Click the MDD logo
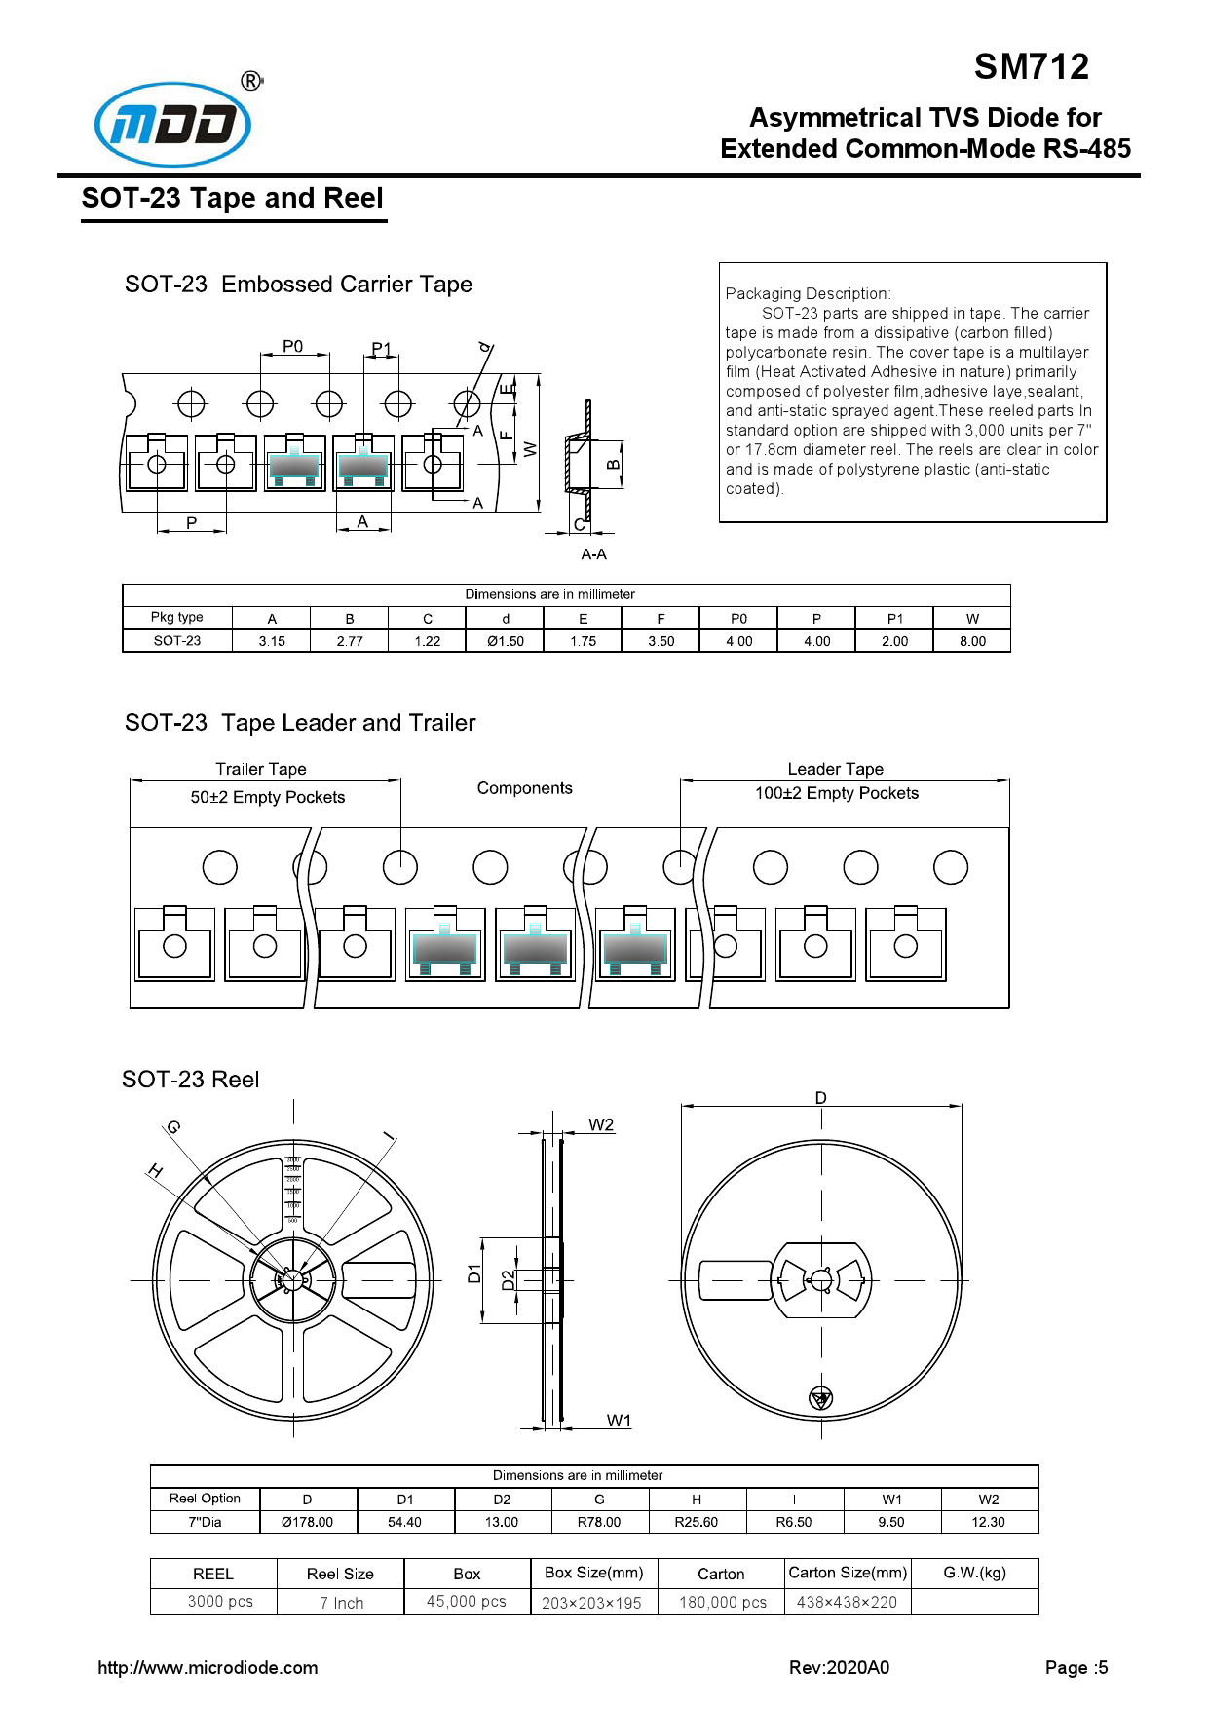pos(173,124)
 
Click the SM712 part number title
pos(1031,67)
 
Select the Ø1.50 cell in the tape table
pos(506,641)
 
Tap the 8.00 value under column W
pos(972,641)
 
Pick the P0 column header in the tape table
pos(738,618)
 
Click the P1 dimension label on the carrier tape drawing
pos(381,349)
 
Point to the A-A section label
pos(593,554)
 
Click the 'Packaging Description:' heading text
pos(808,293)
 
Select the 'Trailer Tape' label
pos(261,769)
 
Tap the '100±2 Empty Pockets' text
pos(836,793)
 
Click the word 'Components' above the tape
pos(524,788)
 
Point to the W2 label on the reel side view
pos(601,1124)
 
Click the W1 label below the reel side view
pos(619,1421)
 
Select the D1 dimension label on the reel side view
pos(474,1272)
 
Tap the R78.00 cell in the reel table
pos(598,1522)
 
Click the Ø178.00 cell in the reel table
pos(307,1522)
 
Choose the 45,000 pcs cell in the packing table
pos(467,1601)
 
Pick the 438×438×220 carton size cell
pos(847,1602)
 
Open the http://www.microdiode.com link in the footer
pos(208,1667)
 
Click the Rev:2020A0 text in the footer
pos(839,1667)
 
